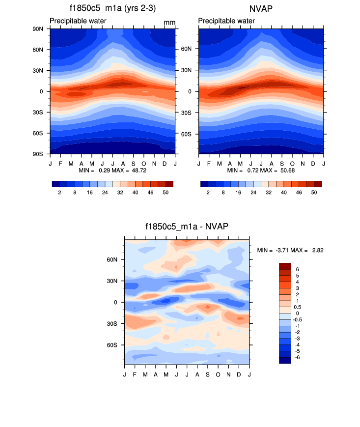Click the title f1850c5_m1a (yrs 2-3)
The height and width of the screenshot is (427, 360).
(x=112, y=8)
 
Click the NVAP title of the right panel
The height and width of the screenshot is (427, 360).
(x=261, y=8)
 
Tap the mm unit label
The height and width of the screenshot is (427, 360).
(x=169, y=23)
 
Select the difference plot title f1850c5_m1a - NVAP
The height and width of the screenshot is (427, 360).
(x=187, y=227)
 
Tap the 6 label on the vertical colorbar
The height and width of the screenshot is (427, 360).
(x=296, y=269)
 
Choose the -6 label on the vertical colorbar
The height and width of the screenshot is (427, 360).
(x=298, y=357)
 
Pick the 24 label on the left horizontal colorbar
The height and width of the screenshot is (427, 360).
(x=105, y=193)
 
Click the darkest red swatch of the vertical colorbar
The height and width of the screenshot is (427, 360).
(x=285, y=266)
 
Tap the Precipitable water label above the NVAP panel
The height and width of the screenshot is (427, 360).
(x=227, y=21)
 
